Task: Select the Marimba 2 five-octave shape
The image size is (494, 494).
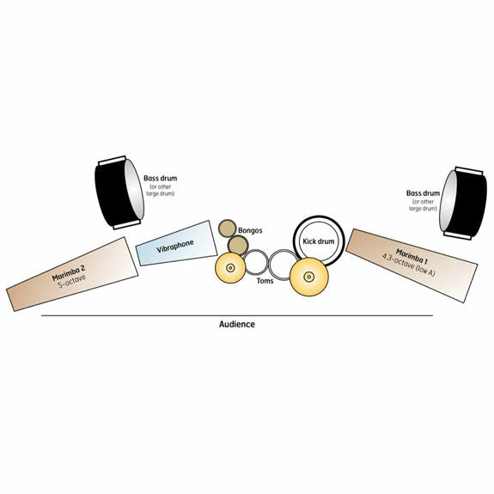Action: coord(72,274)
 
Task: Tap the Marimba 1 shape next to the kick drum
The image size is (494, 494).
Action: coord(412,265)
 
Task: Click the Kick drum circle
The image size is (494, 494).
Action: coord(318,241)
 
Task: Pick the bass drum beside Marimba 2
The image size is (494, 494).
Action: coord(119,192)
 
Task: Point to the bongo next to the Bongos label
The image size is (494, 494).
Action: coord(228,229)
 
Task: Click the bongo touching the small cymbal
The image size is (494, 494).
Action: coord(238,245)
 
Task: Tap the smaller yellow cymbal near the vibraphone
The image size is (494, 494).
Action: coord(230,268)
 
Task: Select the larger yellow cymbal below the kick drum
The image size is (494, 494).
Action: coord(309,277)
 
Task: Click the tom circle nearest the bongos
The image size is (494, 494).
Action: coord(256,262)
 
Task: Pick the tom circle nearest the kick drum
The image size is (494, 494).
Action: coord(284,265)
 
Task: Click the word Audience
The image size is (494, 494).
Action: coord(237,324)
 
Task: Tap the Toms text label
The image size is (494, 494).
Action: coord(265,281)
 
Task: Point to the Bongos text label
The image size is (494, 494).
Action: coord(250,230)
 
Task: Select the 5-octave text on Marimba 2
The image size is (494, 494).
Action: coord(72,282)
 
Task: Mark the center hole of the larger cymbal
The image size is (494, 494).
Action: coord(309,277)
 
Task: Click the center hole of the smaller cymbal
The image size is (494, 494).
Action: coord(230,268)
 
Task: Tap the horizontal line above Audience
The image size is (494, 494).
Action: coord(237,315)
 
